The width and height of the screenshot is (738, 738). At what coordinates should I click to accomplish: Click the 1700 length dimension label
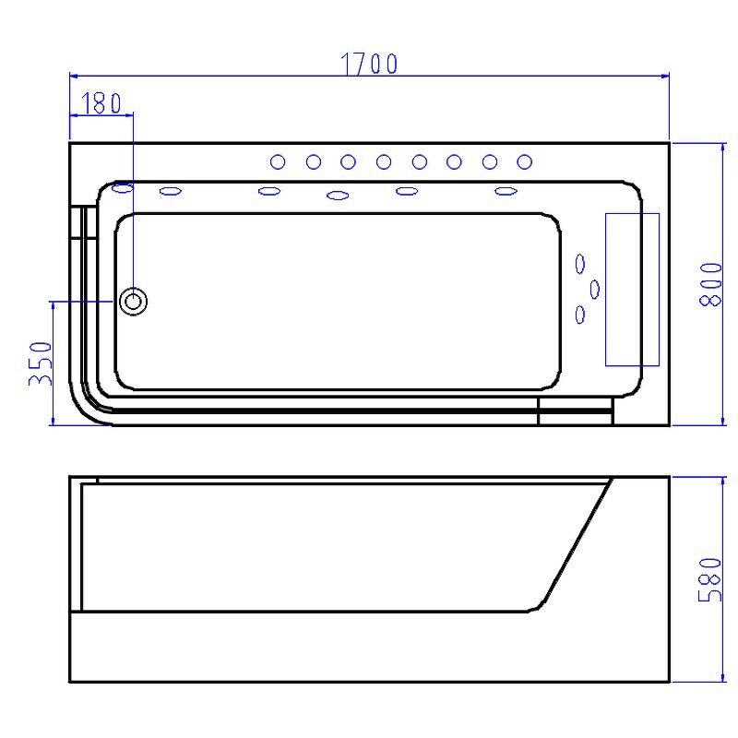point(370,64)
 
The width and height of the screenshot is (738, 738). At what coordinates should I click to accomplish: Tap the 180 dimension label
point(101,103)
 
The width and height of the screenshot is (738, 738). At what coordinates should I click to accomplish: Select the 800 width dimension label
point(710,285)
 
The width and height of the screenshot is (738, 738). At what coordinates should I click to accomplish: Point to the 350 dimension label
point(41,363)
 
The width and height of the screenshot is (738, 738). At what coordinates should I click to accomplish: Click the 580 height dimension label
point(709,580)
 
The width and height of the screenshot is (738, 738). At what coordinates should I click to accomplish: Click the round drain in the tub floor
point(133,302)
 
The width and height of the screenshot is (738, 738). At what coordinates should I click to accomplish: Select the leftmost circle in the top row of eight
point(278,162)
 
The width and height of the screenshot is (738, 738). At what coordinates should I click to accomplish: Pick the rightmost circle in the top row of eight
point(524,162)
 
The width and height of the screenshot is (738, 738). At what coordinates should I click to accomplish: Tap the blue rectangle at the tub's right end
point(632,290)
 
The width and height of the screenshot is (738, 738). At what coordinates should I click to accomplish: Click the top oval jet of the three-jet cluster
point(580,264)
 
